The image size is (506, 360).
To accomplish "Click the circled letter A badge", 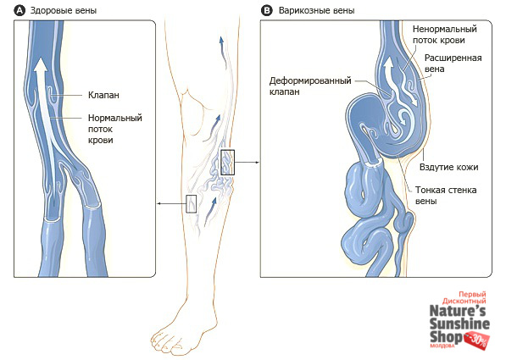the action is click(19, 11).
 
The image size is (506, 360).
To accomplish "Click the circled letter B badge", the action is click(266, 11).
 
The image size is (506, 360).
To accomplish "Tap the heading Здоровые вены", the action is click(64, 11).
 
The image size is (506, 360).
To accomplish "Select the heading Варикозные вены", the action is click(317, 11).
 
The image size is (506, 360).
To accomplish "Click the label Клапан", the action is click(103, 95).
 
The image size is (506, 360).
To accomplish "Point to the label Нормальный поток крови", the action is click(115, 129).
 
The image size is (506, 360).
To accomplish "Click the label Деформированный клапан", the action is click(310, 86).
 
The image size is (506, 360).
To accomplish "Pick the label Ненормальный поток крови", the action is click(445, 35).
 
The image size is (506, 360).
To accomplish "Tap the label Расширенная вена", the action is click(453, 64).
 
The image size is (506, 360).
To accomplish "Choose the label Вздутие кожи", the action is click(448, 167).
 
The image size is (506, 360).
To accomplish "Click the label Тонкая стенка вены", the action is click(446, 195).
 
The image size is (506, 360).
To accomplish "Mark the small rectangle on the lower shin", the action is click(192, 204).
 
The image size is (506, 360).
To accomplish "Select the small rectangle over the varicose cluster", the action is click(227, 163).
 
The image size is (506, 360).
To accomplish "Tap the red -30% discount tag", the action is click(477, 341).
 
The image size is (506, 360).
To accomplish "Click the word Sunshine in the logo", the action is click(459, 324).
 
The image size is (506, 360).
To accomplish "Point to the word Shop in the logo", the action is click(446, 337).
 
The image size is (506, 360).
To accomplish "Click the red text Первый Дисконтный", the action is click(464, 298).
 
